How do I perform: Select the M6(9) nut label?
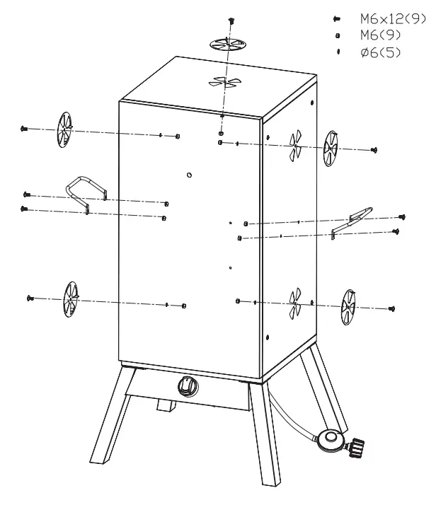375,35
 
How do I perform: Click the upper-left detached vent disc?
64,130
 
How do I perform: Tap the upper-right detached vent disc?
331,149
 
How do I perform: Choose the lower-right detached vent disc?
348,306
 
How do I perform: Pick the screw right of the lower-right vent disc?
391,308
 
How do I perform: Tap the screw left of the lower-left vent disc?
30,298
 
